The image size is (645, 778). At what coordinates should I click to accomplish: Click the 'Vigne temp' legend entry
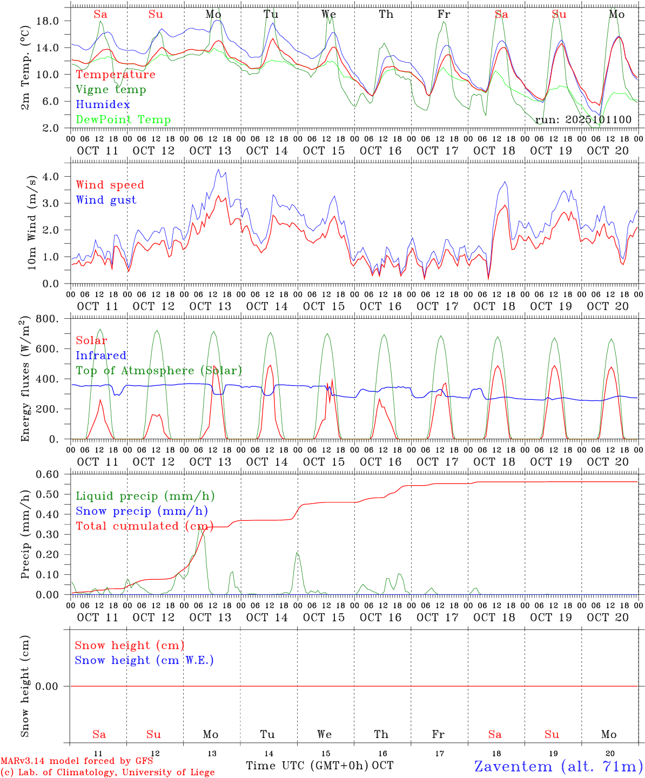coord(111,90)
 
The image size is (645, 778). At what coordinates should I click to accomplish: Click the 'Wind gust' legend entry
coord(106,200)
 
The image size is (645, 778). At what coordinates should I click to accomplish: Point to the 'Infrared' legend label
coord(101,356)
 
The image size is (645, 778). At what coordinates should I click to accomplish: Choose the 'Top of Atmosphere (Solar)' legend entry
coord(159,371)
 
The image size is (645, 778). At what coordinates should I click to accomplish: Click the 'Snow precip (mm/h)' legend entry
coord(142,511)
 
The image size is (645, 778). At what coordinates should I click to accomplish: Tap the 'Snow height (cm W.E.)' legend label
coord(144,660)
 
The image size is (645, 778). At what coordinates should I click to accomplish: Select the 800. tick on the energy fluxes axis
coord(47,319)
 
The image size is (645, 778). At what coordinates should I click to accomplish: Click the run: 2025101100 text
coord(583,119)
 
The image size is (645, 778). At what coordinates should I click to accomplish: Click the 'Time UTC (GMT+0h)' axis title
coord(307,766)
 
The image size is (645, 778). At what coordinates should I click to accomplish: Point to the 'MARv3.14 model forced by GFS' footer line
coord(77,761)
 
